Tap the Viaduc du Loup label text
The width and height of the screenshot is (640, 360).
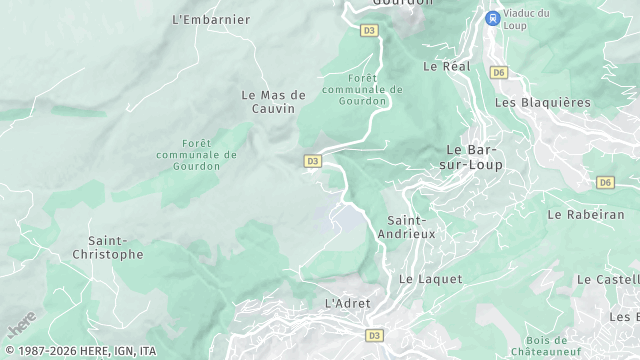tap(528, 18)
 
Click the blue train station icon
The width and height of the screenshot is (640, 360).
tap(492, 18)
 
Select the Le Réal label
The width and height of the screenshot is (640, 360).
tap(446, 67)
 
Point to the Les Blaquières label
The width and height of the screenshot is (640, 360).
tap(543, 102)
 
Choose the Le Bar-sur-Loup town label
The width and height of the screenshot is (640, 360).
tap(473, 157)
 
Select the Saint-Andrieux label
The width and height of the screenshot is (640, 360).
tap(411, 226)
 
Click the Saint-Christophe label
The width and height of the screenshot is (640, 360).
tap(116, 247)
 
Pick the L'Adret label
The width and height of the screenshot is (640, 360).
tap(348, 303)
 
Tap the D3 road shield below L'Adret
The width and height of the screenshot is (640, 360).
tap(375, 335)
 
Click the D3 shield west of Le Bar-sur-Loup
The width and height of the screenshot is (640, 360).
tap(312, 160)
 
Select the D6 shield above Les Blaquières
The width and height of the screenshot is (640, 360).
tap(499, 72)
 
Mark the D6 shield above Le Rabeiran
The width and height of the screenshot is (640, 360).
tap(605, 182)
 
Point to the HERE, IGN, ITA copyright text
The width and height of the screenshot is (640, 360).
tap(79, 351)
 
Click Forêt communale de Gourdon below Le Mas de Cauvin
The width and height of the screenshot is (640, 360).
tap(196, 155)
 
